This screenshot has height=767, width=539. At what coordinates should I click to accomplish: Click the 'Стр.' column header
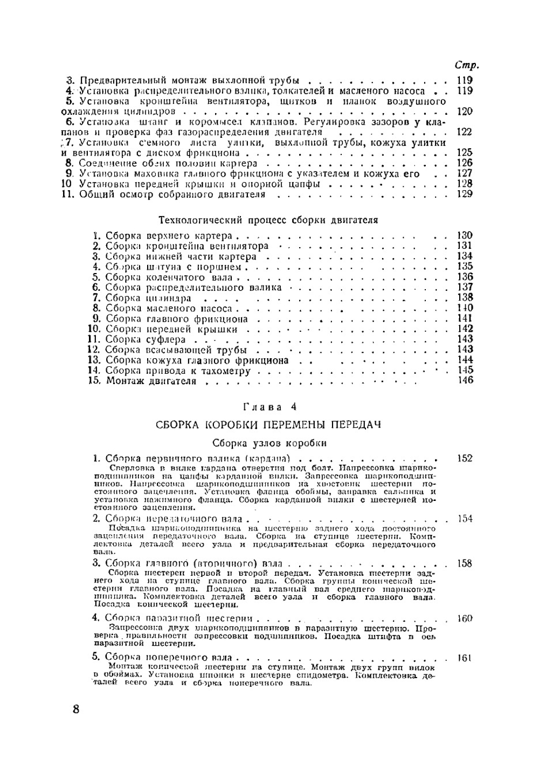tap(467, 65)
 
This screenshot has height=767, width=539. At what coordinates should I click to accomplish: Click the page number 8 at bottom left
tap(76, 708)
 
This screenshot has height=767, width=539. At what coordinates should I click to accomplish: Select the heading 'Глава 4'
tap(269, 407)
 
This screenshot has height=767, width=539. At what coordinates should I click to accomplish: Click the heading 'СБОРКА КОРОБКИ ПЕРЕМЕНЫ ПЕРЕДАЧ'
tap(268, 424)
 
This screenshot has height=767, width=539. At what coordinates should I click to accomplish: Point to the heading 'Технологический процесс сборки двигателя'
tap(268, 220)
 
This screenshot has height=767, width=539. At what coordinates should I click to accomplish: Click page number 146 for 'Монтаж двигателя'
tap(464, 380)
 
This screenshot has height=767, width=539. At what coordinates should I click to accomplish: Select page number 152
tap(464, 458)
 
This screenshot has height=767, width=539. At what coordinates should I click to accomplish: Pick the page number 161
tap(464, 658)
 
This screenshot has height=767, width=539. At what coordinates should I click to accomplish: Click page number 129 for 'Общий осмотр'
tap(464, 194)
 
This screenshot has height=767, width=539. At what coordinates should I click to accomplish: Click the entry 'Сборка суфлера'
tap(146, 339)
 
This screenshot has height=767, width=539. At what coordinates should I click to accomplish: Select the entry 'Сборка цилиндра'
tap(148, 298)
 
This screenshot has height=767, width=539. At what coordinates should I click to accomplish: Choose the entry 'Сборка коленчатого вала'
tap(169, 277)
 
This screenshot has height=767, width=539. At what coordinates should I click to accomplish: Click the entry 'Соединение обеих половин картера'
tap(168, 163)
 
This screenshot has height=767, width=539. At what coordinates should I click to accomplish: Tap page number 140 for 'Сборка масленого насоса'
tap(464, 309)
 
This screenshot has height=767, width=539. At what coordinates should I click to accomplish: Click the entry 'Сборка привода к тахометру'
tap(178, 371)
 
